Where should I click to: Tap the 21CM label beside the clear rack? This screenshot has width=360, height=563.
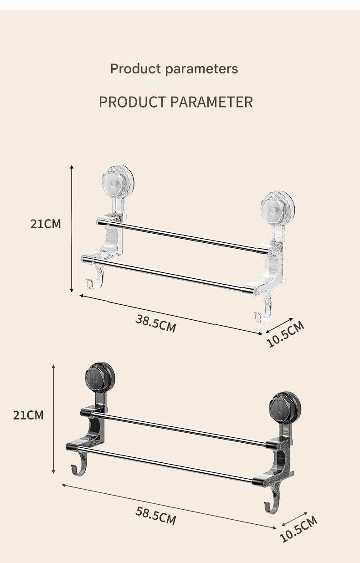(46, 224)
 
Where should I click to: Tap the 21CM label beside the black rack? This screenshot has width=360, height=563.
(28, 415)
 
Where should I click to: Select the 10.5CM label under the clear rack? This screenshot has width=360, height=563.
(285, 334)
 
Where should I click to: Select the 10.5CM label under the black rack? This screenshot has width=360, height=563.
(298, 529)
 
